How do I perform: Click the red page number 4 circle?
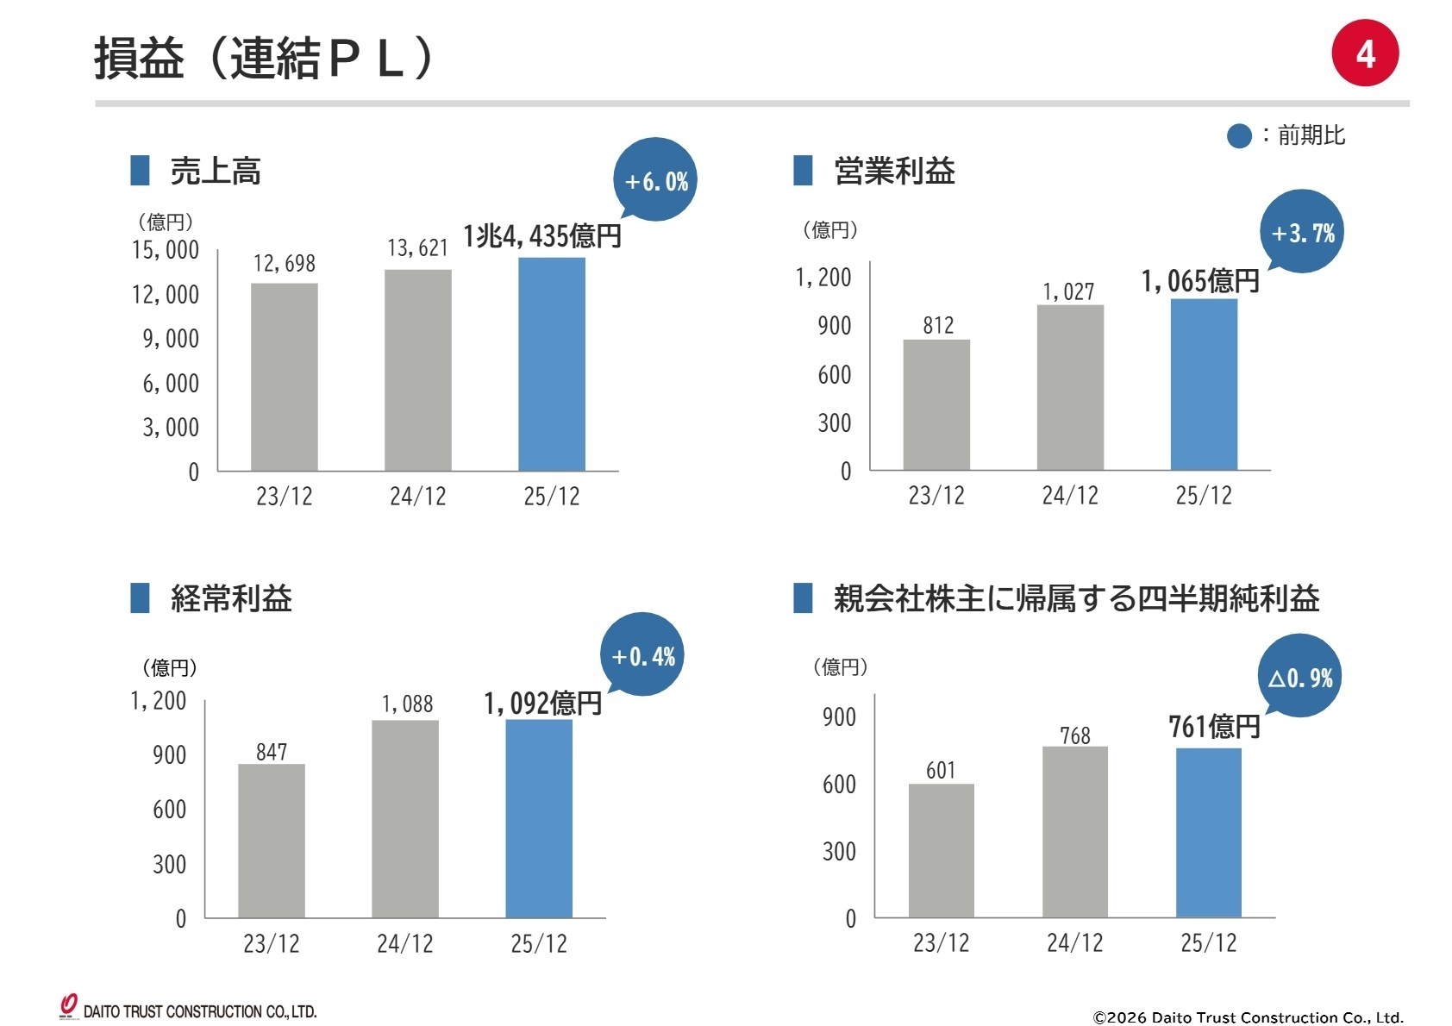pos(1364,53)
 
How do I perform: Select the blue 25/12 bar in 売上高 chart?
pos(551,364)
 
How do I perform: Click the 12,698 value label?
pos(284,263)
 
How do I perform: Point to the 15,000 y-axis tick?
pos(165,250)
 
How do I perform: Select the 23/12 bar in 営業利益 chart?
pos(936,404)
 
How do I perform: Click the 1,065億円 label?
pos(1199,281)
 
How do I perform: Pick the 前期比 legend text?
pos(1310,135)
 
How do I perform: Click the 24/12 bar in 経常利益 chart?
pos(404,818)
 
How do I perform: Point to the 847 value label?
pos(272,752)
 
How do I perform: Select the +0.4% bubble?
pos(642,656)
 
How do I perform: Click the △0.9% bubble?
pos(1299,678)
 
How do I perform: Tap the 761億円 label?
pos(1213,727)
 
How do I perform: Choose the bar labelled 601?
pos(941,850)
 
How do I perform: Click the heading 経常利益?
pos(231,598)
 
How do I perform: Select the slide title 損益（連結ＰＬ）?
pos(263,59)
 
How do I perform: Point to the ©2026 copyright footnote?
pos(1247,1017)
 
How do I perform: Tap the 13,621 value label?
pos(417,248)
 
